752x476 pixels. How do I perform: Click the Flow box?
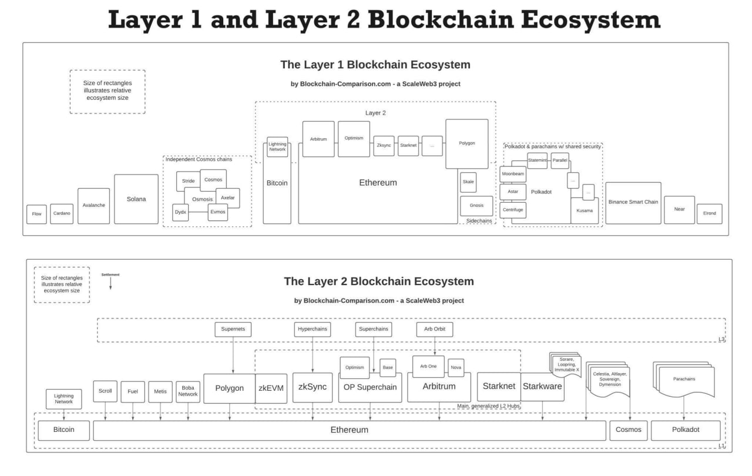coord(36,214)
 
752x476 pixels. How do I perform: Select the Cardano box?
coord(62,214)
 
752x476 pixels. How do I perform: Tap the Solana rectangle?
coord(136,199)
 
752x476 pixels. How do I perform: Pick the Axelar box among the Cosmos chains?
coord(227,198)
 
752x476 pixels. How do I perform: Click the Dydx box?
coord(180,212)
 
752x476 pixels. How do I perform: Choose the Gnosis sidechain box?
coord(476,206)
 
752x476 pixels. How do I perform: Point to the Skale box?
coord(468,182)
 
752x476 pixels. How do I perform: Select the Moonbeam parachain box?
coord(513,175)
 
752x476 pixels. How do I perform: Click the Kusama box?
coord(585,210)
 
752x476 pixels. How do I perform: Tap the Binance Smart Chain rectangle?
coord(633,202)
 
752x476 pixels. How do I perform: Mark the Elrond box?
coord(710,213)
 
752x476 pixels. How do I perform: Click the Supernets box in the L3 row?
coord(233,329)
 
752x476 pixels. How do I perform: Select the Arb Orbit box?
coord(435,329)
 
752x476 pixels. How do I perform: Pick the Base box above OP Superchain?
coord(388,367)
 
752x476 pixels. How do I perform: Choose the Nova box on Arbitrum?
coord(456,367)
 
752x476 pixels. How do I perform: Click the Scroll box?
coord(105,391)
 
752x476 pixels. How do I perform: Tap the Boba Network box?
coord(188,391)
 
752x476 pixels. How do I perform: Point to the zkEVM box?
coord(271,388)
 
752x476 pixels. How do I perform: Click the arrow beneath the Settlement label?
coord(110,283)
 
